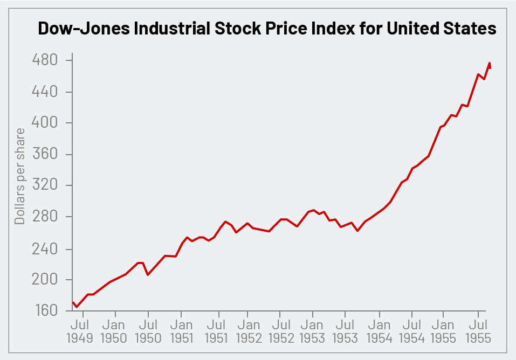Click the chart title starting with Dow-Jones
pos(266,29)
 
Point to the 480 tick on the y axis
pos(46,60)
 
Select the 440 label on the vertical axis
pos(46,92)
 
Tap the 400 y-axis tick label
pos(46,123)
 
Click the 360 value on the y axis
pos(46,155)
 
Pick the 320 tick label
pos(46,186)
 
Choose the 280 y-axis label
pos(46,217)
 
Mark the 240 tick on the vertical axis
pos(46,249)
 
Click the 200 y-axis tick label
pos(46,280)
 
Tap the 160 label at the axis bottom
pos(46,311)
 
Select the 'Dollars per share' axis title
pos(20,176)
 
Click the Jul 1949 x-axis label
pos(80,331)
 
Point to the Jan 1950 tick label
pos(114,331)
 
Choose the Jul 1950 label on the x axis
pos(148,331)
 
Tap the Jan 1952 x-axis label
pos(249,331)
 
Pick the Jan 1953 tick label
pos(312,331)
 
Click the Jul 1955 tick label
pos(478,331)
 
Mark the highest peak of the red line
pos(490,63)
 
